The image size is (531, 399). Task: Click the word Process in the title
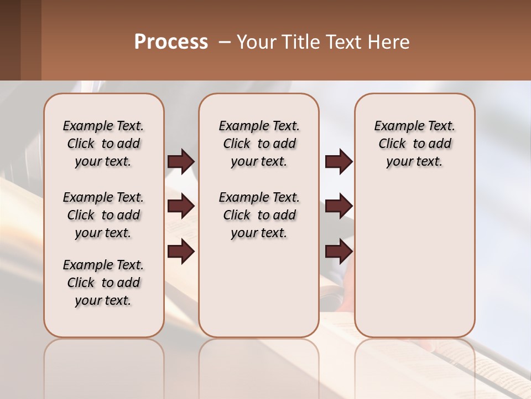click(171, 42)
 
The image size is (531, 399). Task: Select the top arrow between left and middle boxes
click(181, 161)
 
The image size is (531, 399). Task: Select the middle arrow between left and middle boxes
click(181, 206)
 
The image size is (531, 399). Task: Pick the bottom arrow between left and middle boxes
click(181, 252)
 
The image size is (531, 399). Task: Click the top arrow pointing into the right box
click(339, 161)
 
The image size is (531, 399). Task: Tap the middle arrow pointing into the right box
click(339, 206)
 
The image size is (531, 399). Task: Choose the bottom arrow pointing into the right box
click(339, 252)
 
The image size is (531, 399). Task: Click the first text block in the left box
click(103, 144)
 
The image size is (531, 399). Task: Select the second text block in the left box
click(103, 215)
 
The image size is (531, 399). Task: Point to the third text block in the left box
click(103, 283)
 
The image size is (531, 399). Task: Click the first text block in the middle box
click(259, 144)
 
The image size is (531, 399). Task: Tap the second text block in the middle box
click(259, 215)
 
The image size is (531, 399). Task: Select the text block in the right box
click(415, 144)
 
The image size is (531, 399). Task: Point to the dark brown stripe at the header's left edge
click(10, 40)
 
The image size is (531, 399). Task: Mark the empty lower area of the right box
click(415, 260)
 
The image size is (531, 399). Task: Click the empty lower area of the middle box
click(259, 288)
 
